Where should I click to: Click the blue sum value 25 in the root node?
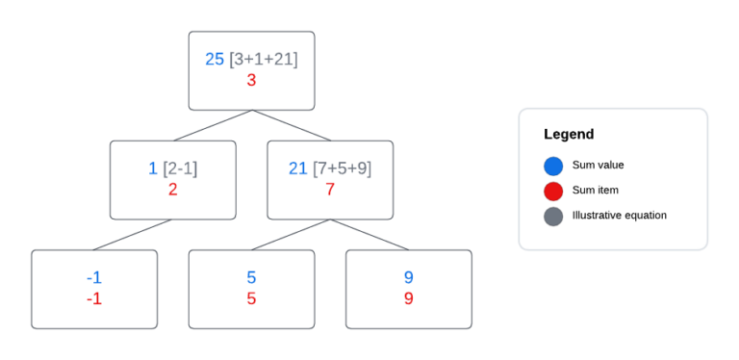215,60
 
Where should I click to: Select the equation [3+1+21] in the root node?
264,60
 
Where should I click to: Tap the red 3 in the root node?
251,81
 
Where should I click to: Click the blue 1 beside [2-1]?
153,168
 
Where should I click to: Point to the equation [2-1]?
180,168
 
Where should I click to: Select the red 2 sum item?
172,190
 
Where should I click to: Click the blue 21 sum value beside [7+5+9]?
298,168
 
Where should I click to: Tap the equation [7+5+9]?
342,168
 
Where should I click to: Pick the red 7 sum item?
330,190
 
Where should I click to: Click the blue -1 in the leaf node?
94,277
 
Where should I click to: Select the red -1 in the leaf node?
94,298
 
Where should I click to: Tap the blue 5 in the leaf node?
251,277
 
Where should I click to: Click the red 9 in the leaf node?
409,298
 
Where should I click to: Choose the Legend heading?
569,135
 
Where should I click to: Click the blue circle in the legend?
553,166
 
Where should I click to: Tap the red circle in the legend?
553,191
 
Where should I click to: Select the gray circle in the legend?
553,216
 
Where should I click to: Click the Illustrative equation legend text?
619,216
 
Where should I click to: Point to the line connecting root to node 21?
291,125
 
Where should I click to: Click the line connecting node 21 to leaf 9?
369,235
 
